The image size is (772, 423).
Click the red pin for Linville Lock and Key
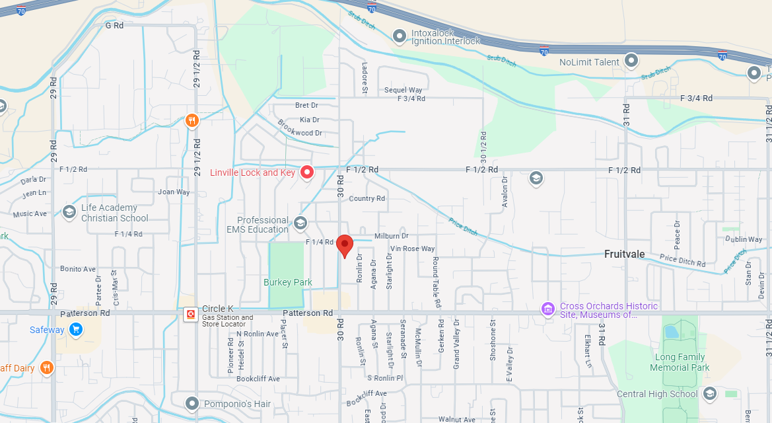pos(307,173)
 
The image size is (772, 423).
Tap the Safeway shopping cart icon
pos(76,329)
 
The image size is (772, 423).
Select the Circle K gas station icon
pos(191,314)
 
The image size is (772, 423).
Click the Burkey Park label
pos(288,282)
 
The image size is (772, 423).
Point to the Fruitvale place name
pos(624,254)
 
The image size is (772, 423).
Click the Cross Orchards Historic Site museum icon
pos(547,309)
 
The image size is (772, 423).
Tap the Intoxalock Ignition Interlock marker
pos(399,35)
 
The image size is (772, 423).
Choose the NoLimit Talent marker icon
pos(631,61)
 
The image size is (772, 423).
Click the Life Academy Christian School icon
pos(69,212)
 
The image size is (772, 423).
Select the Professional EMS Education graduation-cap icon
pos(300,223)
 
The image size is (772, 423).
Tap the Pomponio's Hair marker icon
pos(192,403)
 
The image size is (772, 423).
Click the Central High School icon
pos(710,395)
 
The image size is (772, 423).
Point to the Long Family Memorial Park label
pos(680,362)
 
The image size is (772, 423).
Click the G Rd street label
pos(114,26)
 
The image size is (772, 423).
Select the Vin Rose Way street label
pos(413,249)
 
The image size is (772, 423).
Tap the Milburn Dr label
pos(392,236)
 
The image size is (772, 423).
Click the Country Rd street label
pos(367,198)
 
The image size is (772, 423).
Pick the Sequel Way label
pos(403,90)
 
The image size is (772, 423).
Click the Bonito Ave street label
pos(78,269)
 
